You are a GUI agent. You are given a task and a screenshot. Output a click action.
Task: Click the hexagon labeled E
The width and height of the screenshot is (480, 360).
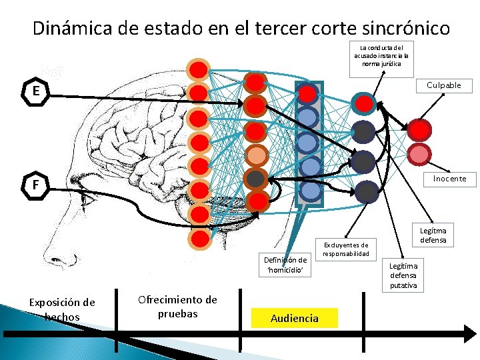pyautogui.click(x=33, y=91)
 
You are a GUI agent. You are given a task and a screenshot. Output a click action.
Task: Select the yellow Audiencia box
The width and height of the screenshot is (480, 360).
pyautogui.click(x=295, y=318)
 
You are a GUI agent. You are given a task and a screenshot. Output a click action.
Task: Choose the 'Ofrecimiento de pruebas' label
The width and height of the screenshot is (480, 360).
pyautogui.click(x=177, y=306)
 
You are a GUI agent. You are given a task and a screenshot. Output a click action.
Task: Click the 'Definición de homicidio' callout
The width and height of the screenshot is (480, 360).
pyautogui.click(x=285, y=265)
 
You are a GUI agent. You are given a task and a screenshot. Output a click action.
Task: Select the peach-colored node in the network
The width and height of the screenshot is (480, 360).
pyautogui.click(x=256, y=155)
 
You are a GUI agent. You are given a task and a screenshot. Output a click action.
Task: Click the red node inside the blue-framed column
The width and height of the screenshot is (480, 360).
pyautogui.click(x=307, y=94)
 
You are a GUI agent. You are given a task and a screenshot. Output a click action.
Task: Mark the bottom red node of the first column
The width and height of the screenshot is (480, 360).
pyautogui.click(x=198, y=238)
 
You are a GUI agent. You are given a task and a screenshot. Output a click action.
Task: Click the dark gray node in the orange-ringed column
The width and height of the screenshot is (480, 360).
pyautogui.click(x=256, y=178)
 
